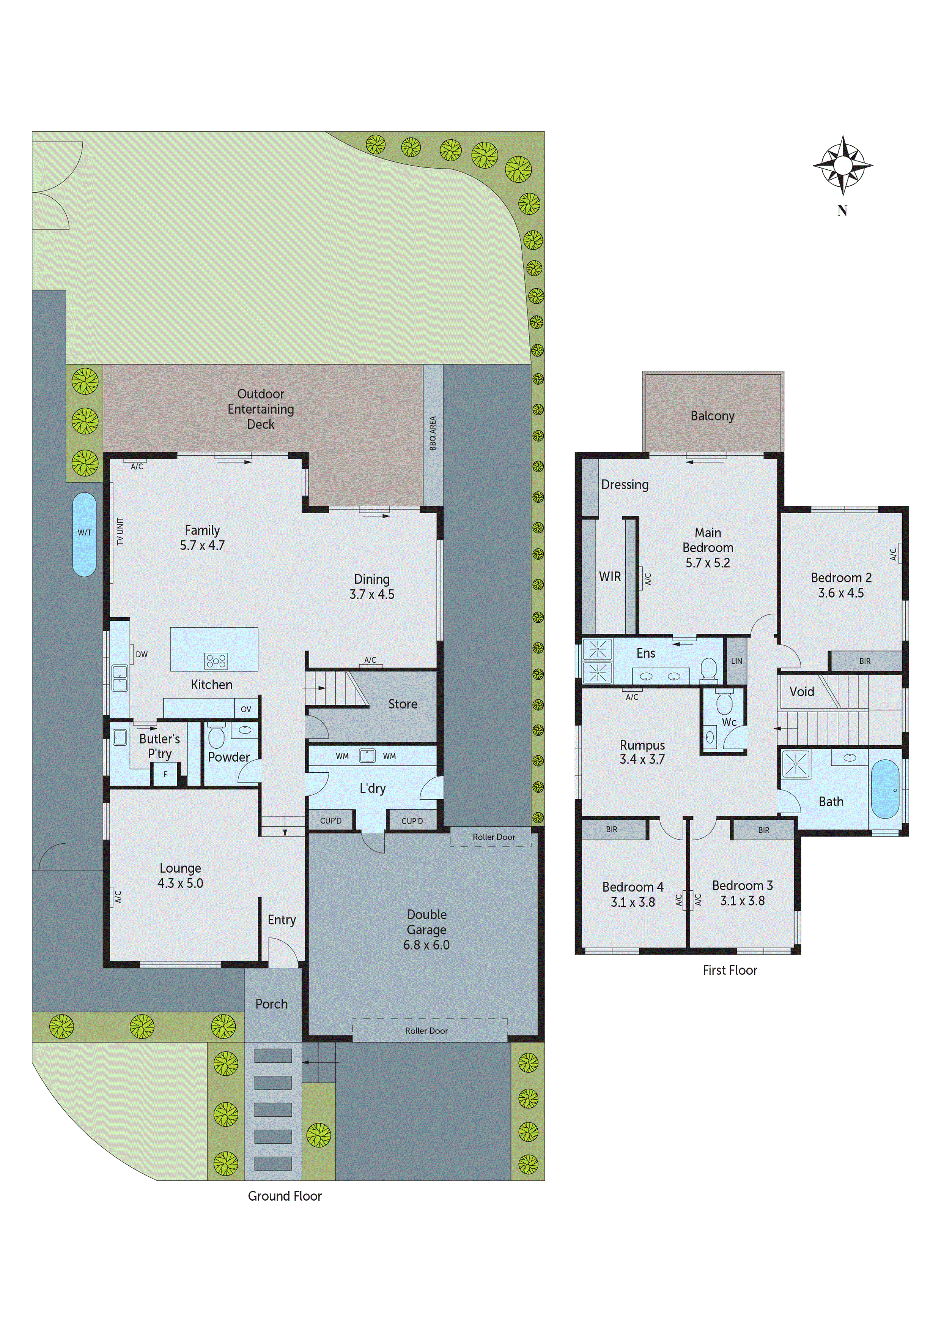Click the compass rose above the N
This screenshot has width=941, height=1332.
842,166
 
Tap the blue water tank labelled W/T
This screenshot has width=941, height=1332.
85,534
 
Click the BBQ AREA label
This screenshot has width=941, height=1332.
433,433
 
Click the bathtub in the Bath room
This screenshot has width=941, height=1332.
885,789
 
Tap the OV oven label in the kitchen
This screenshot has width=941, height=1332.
246,709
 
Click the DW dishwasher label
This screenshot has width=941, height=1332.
142,654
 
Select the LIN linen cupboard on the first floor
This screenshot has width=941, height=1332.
736,661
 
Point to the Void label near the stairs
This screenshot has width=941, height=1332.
801,691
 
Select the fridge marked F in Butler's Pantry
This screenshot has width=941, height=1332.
165,775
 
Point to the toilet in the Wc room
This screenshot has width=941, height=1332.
724,703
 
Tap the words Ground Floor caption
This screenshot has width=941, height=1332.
284,1196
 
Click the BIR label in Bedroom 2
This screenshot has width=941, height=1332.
864,661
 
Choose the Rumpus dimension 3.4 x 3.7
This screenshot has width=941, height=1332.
642,759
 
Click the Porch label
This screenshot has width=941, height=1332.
271,1004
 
